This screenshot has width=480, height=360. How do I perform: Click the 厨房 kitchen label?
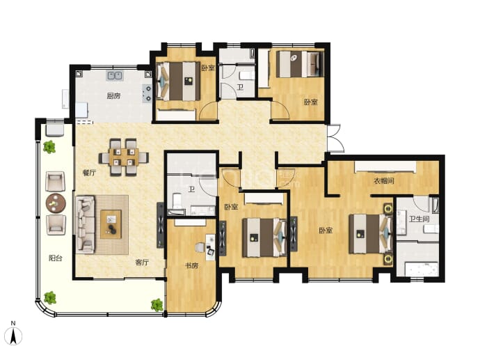click(113, 96)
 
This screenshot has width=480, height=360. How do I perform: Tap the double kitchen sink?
click(115, 75)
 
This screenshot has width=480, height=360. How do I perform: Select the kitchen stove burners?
click(147, 93)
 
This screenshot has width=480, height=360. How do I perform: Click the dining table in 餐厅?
click(124, 157)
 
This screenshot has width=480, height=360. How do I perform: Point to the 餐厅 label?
click(89, 173)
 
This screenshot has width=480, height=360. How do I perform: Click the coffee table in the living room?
click(111, 224)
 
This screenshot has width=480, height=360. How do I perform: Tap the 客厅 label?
click(142, 263)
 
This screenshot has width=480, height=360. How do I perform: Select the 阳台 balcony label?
click(56, 258)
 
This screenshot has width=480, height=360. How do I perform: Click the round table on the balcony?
click(56, 203)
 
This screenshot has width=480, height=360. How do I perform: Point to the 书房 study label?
click(191, 265)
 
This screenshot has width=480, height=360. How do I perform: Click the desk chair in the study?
click(200, 247)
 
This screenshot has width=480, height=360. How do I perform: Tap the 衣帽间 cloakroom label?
click(384, 181)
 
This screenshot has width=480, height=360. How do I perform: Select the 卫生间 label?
click(419, 219)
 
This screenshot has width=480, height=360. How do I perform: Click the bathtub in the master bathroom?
click(422, 269)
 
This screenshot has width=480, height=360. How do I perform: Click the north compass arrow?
click(13, 336)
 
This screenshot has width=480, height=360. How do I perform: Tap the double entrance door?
click(335, 138)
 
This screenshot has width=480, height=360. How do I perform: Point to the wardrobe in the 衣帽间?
click(385, 167)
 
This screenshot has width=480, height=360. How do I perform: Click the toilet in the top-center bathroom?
click(246, 75)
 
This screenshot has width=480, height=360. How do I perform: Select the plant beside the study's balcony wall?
click(157, 305)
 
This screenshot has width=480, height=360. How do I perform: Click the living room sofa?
click(86, 225)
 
